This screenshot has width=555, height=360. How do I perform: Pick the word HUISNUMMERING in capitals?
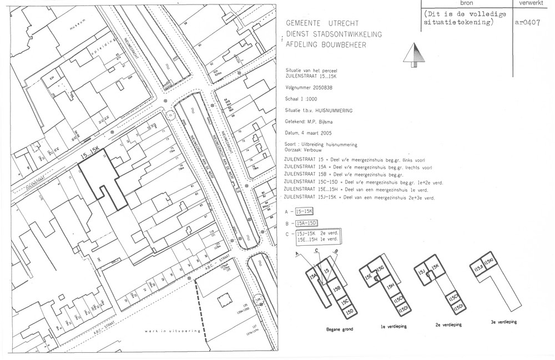(x=332, y=110)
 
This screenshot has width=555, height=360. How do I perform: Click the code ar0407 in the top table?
(x=527, y=23)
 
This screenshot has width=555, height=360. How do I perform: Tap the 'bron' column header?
(x=467, y=3)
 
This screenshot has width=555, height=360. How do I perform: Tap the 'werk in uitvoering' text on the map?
(x=165, y=331)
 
